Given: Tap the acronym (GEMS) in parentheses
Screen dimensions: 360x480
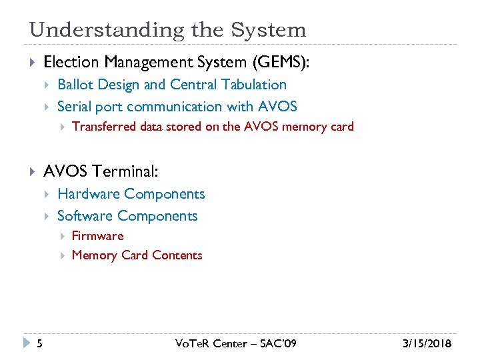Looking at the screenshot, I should (281, 62).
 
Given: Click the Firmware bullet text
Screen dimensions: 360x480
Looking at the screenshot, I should (97, 236).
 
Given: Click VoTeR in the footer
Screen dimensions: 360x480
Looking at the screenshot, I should (193, 344).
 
